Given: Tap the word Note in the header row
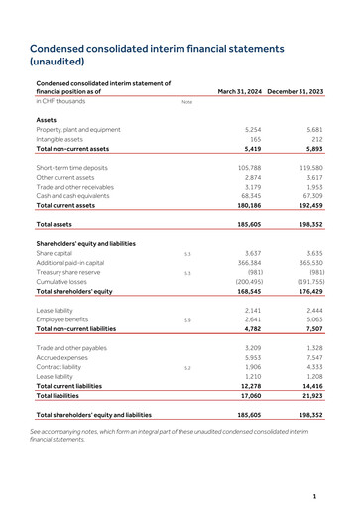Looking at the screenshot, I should point(186,102).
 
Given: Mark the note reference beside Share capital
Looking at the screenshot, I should point(186,254).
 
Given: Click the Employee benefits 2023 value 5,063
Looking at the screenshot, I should point(311,320).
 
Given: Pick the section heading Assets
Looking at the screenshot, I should point(47,119).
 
